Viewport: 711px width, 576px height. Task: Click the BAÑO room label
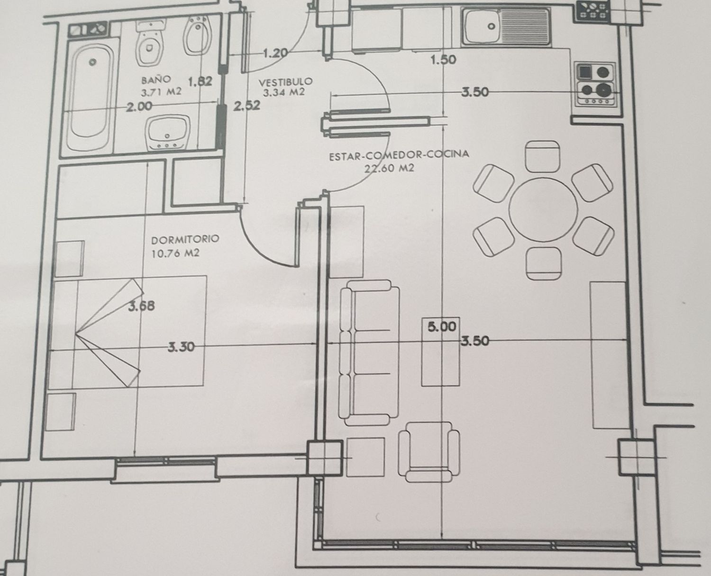[156, 80]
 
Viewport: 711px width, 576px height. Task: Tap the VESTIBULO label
[286, 81]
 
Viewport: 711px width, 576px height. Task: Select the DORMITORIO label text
[185, 240]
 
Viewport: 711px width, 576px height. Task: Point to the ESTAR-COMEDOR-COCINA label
[399, 155]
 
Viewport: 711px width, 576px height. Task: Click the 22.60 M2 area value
[389, 168]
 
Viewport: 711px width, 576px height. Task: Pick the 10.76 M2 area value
[175, 253]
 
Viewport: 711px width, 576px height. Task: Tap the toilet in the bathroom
[150, 44]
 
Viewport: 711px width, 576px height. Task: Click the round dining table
[543, 209]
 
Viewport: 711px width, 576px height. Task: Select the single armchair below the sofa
[429, 452]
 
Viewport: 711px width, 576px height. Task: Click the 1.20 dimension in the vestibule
[275, 53]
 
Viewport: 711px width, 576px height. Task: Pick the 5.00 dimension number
[442, 327]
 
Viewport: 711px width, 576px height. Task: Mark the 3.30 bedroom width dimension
[181, 348]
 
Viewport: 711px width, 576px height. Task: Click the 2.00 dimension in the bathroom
[139, 107]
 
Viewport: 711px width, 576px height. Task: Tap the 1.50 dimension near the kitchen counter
[444, 60]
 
